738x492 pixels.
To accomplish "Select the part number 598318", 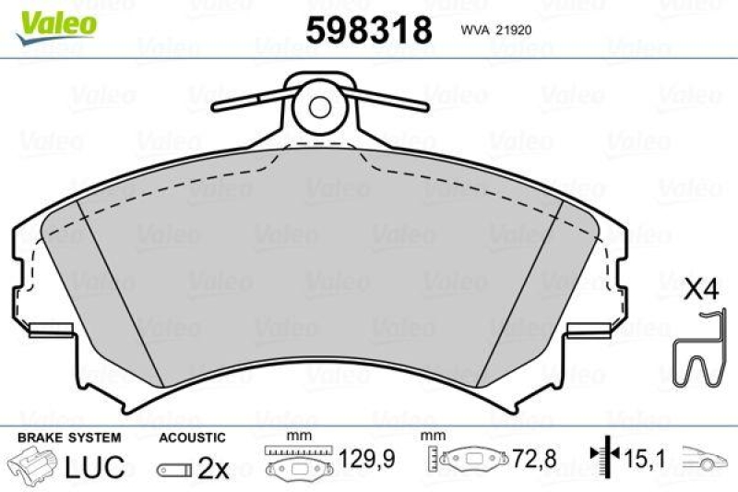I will (368, 30).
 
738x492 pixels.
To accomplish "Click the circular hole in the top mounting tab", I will (319, 107).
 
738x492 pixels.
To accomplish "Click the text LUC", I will (95, 467).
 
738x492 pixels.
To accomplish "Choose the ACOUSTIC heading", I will (192, 436).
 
